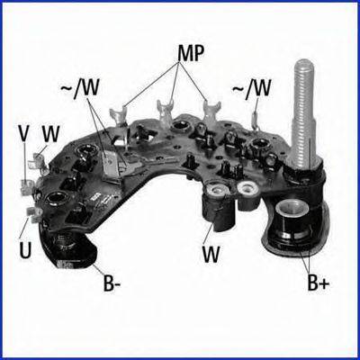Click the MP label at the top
(x=191, y=54)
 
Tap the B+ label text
(x=319, y=283)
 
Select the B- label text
(x=112, y=283)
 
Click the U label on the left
(x=25, y=250)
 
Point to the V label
(x=24, y=133)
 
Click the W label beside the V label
(x=50, y=134)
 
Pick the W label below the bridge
(x=211, y=254)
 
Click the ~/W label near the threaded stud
(x=252, y=89)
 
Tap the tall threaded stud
(x=303, y=113)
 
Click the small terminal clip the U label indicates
(x=34, y=212)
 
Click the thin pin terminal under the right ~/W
(x=256, y=121)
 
